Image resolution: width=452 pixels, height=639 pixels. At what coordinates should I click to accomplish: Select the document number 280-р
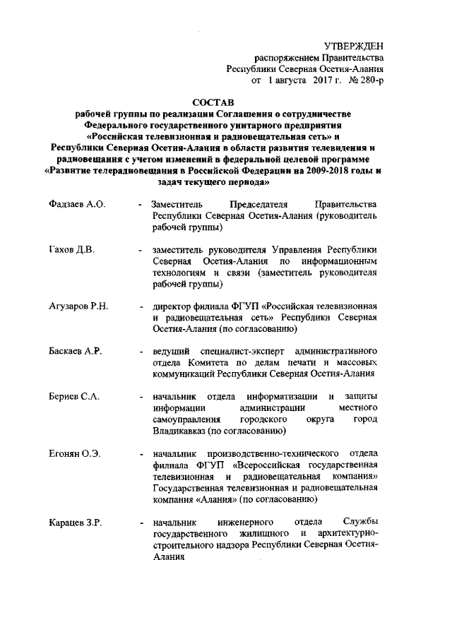(x=370, y=82)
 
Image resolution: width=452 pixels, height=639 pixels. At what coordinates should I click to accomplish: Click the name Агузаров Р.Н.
(x=78, y=306)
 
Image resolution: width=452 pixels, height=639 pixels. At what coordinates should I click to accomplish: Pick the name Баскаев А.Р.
(x=76, y=351)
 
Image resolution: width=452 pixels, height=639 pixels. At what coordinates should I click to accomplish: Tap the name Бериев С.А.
(x=74, y=397)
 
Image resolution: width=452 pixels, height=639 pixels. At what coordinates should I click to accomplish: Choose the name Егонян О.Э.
(x=74, y=453)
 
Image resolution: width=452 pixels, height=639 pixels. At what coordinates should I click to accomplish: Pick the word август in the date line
(x=286, y=82)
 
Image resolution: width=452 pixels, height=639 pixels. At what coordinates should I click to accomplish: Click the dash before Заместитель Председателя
(x=142, y=205)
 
